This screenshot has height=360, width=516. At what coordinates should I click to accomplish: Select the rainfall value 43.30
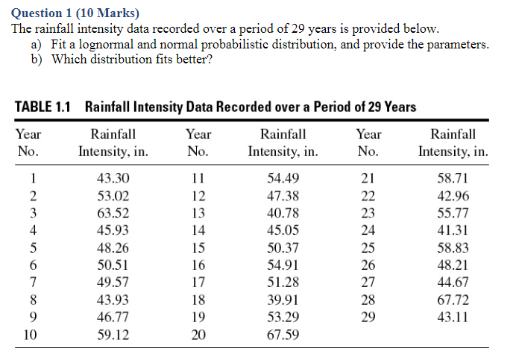tap(113, 179)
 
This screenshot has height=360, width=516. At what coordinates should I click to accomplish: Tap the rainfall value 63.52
tap(113, 213)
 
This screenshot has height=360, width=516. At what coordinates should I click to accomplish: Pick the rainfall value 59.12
tap(113, 335)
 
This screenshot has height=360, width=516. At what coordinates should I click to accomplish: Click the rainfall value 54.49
tap(283, 179)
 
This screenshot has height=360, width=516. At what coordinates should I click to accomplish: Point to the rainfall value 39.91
tap(283, 300)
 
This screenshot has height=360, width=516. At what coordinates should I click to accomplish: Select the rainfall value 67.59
tap(283, 335)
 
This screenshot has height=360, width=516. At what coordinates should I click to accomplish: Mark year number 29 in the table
tap(368, 318)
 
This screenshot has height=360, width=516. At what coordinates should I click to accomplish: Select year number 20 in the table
tap(198, 335)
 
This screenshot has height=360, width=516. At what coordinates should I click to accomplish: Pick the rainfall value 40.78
tap(283, 213)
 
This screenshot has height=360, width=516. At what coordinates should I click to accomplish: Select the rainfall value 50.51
tap(113, 265)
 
